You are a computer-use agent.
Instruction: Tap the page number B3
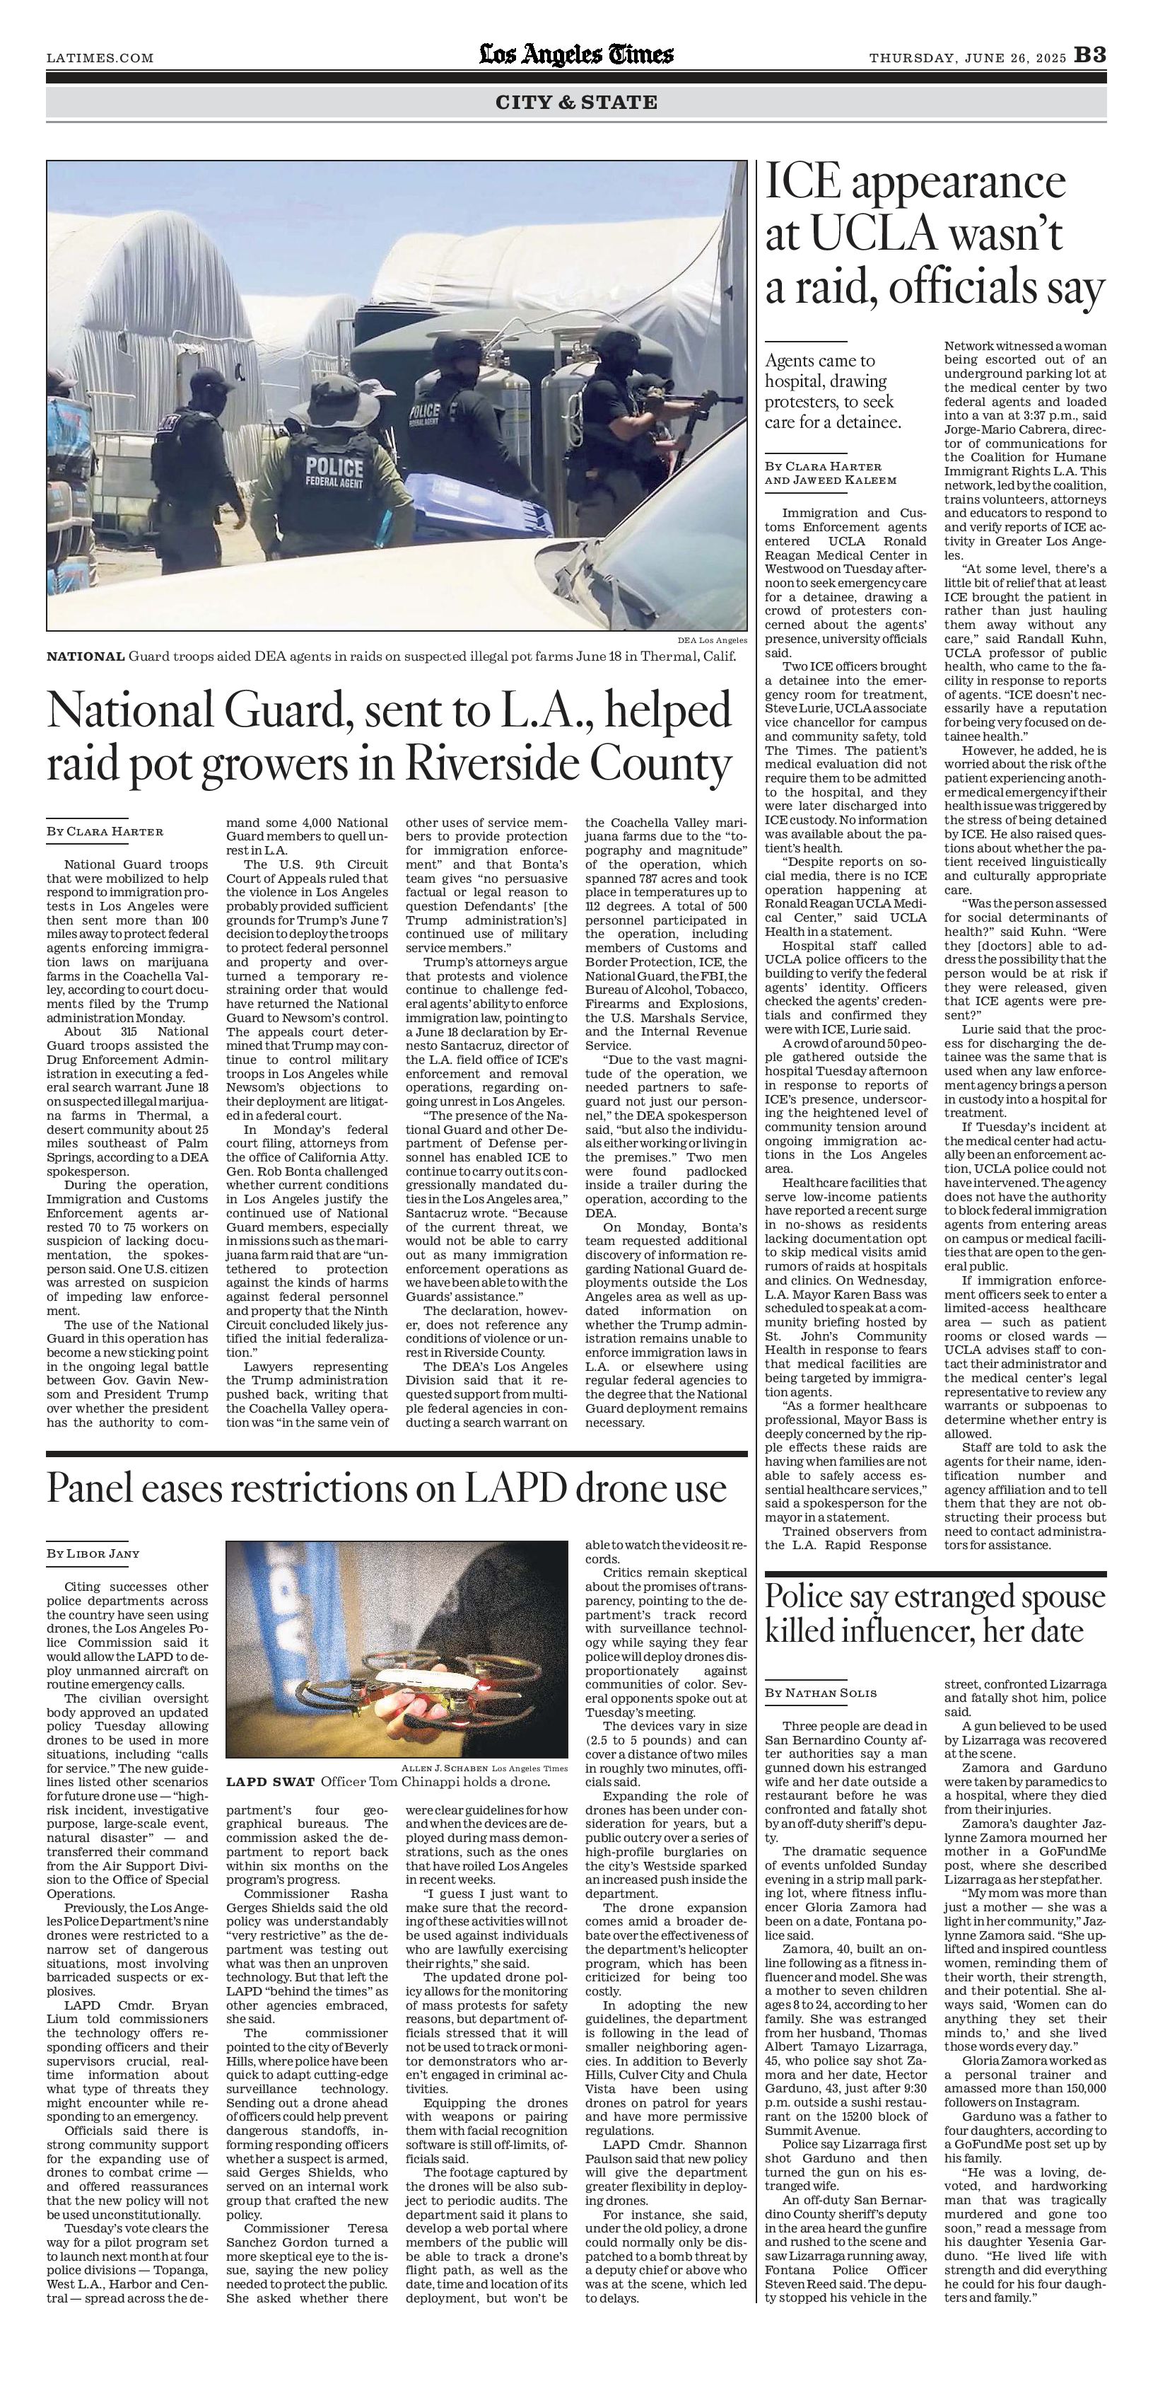click(1089, 57)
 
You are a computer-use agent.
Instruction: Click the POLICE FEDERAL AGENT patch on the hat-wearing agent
click(334, 471)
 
